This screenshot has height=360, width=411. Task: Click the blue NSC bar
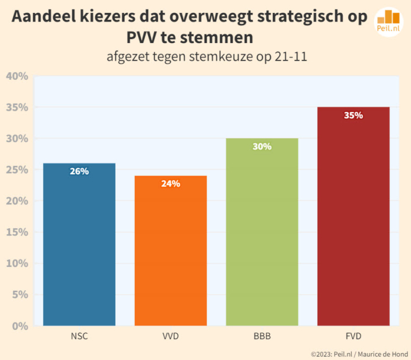(79, 245)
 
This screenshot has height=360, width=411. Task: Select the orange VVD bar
(170, 250)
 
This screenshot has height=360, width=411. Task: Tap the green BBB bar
(262, 233)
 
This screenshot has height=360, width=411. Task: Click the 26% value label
(79, 171)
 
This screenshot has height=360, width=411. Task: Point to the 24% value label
(170, 183)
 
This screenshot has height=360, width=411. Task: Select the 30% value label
(262, 146)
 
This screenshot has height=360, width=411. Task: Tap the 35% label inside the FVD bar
(353, 115)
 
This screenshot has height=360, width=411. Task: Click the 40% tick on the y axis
(17, 76)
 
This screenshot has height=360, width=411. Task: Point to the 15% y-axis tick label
(17, 232)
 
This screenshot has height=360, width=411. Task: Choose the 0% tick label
(19, 326)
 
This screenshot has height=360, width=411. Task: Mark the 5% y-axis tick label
(19, 294)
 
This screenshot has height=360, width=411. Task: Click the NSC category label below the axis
(79, 336)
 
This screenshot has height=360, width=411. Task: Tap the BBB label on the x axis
(262, 336)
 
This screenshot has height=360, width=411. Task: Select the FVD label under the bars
(353, 336)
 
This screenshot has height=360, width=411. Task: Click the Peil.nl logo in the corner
(389, 22)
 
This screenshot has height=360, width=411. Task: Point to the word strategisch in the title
(304, 17)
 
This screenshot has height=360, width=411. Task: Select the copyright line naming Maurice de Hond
(359, 354)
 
